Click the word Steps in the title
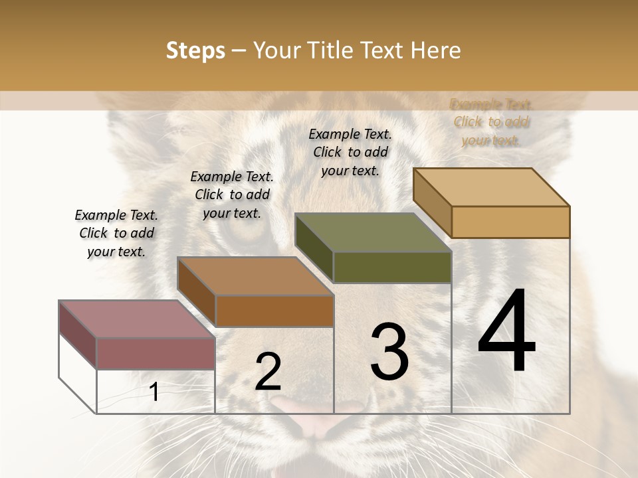[x=195, y=50]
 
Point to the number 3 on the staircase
[x=389, y=352]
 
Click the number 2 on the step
[x=268, y=371]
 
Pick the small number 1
[x=154, y=392]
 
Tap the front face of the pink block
[x=156, y=353]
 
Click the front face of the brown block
[x=274, y=311]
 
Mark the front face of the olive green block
[x=392, y=267]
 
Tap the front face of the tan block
[x=510, y=222]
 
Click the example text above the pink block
[x=116, y=233]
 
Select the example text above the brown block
[x=232, y=195]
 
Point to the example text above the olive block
[x=350, y=152]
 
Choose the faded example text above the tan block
[x=490, y=122]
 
